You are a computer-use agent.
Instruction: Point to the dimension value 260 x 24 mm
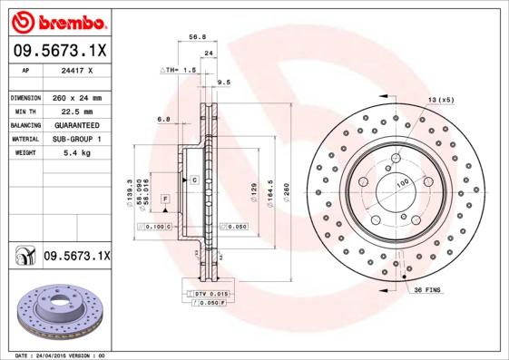[75, 97]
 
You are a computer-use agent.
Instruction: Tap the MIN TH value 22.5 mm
[75, 111]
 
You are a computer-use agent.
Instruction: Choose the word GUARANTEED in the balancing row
[76, 124]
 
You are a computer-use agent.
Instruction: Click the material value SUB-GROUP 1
[76, 139]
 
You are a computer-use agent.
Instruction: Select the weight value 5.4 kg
[75, 153]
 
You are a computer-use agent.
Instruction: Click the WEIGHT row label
[26, 153]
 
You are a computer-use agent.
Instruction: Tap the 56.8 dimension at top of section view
[195, 38]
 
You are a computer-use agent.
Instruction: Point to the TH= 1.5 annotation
[179, 70]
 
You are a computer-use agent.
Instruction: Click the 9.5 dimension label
[224, 83]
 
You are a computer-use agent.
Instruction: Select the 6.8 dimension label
[163, 119]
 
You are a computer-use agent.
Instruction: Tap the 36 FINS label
[427, 289]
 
